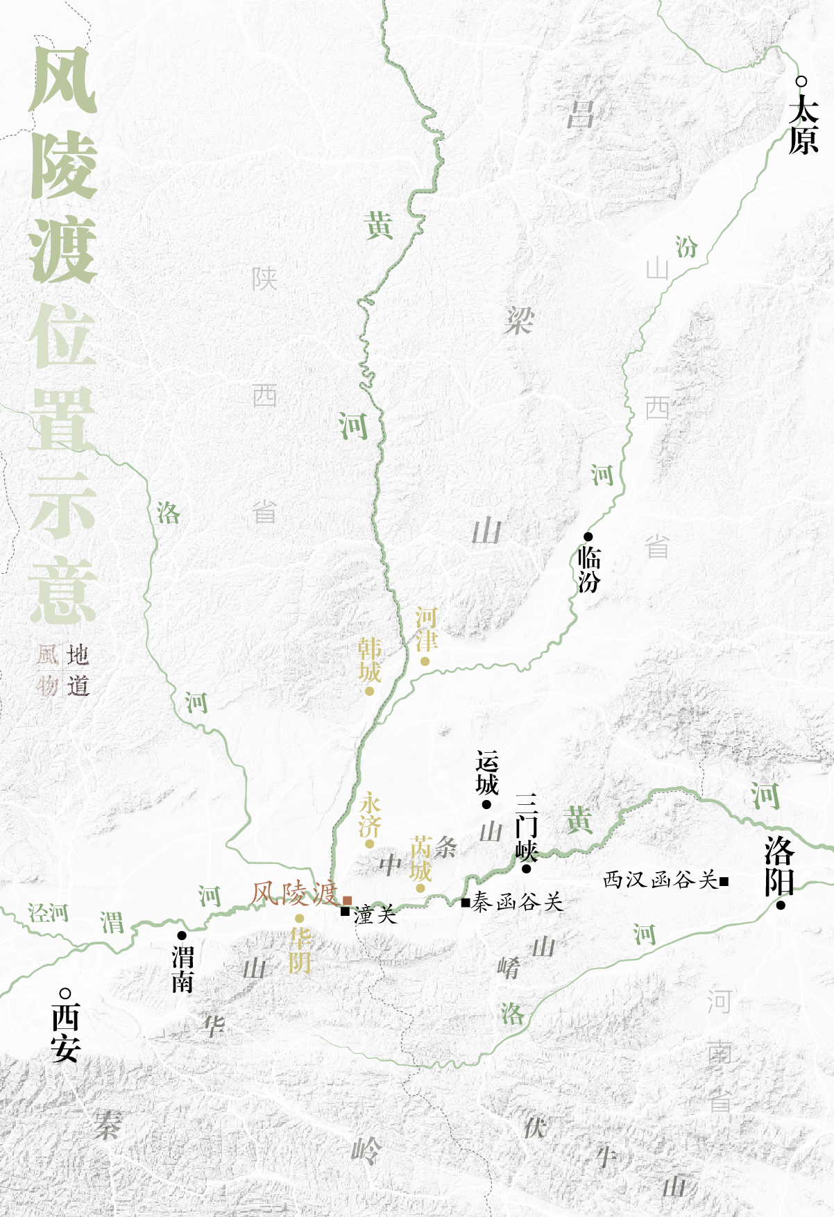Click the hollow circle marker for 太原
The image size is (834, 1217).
coord(801,82)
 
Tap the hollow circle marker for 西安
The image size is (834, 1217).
coord(65,994)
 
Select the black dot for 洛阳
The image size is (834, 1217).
coord(781,905)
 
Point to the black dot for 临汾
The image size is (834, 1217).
coord(588,536)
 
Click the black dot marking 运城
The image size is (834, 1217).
coord(486,804)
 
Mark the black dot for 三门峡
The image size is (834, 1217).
coord(526,869)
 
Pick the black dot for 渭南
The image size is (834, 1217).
coord(182,935)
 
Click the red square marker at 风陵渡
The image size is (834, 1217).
coord(347,901)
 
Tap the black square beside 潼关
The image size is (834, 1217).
coord(345,912)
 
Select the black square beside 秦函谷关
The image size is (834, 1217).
coord(466,903)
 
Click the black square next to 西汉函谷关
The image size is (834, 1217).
coord(724,881)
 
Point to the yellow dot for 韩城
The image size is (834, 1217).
coord(370,691)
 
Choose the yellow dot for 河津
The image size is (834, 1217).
coord(425,661)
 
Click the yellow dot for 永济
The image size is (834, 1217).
coord(370,844)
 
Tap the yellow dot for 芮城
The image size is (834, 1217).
coord(420,888)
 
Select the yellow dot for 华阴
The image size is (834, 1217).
coord(299,919)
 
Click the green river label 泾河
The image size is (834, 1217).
coord(49,912)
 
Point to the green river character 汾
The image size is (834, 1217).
coord(686,246)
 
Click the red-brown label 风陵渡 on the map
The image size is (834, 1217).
coord(294,894)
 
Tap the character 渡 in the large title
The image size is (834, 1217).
coord(62,250)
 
